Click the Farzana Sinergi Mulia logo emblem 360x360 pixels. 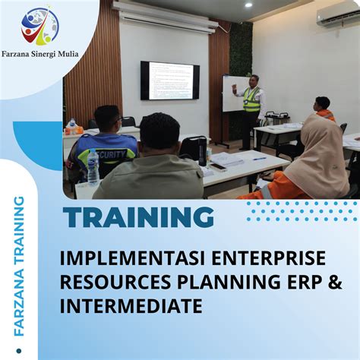(x=40, y=27)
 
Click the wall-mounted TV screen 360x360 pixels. (x=169, y=80)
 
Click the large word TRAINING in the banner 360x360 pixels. (x=139, y=218)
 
